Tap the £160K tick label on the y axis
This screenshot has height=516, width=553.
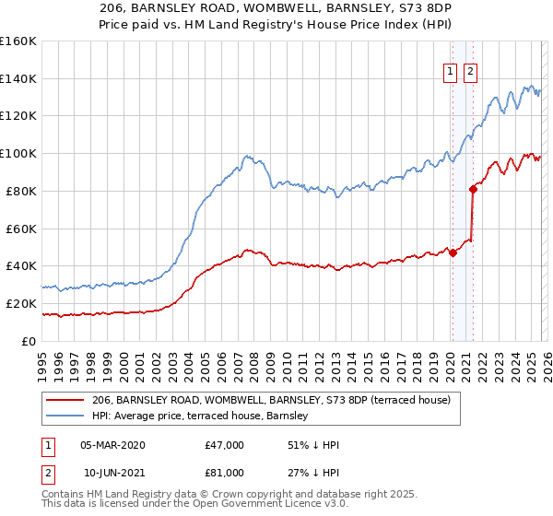point(18,41)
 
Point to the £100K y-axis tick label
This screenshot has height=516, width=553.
point(18,154)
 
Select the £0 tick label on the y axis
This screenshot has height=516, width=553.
point(28,341)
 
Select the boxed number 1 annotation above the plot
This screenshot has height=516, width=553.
point(451,73)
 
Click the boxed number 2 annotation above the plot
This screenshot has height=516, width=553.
point(471,73)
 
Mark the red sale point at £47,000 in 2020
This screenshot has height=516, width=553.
point(453,253)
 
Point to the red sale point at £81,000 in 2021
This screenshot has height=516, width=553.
point(473,189)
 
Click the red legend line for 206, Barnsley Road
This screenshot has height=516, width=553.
point(65,400)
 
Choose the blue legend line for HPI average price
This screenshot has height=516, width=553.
point(65,416)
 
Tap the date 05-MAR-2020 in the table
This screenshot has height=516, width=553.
point(112,445)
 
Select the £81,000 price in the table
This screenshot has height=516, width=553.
point(225,473)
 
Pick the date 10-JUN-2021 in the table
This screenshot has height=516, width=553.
point(112,473)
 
